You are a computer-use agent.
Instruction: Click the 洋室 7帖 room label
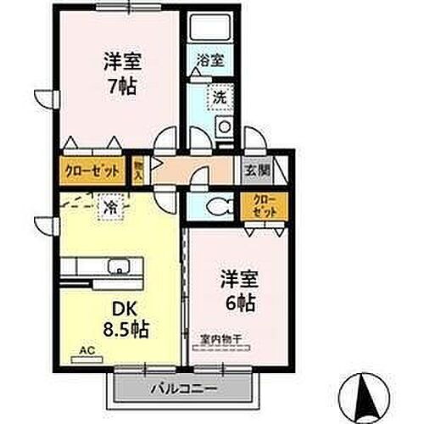point(122,73)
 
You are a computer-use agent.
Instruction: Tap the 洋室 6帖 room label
point(240,289)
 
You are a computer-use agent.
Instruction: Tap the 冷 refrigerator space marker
point(111,205)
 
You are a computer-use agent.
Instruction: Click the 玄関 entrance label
point(259,168)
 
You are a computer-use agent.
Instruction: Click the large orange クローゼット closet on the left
point(92,170)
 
